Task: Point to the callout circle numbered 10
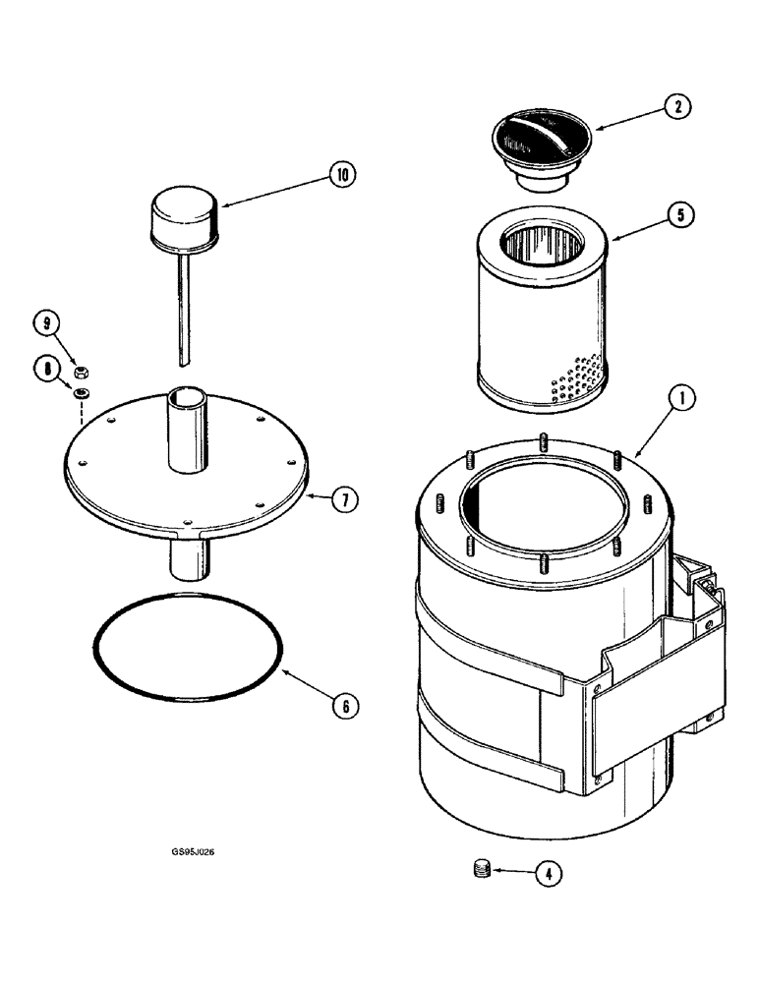(x=341, y=176)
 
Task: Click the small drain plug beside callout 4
(x=482, y=869)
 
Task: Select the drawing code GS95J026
(x=191, y=852)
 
